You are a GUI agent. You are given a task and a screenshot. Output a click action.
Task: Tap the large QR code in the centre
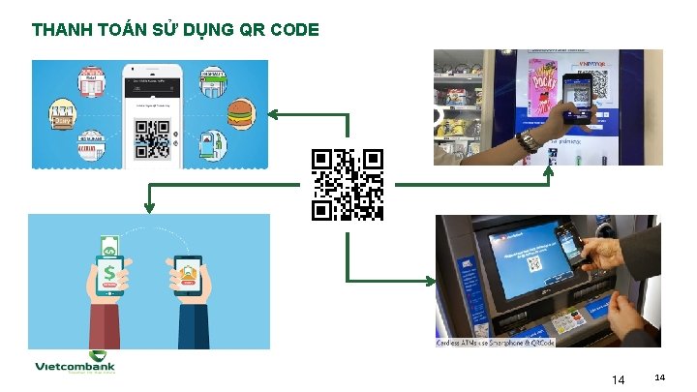click(348, 185)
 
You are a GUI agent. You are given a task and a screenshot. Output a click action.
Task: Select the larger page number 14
click(619, 379)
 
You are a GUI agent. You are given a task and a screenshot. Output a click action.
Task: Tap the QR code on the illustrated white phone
click(152, 138)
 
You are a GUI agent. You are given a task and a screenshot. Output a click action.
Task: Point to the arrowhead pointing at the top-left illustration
click(273, 115)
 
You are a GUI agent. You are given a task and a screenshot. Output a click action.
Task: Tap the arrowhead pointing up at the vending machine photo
click(549, 171)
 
